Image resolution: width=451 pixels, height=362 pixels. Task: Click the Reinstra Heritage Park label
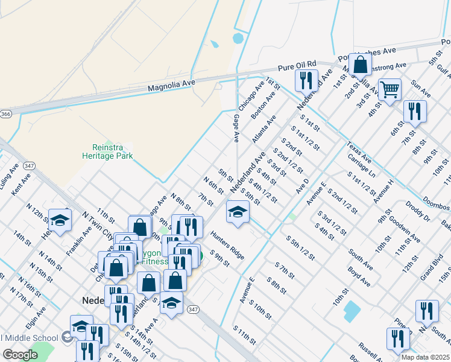[107, 151]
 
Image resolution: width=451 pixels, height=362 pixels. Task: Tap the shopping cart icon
[389, 91]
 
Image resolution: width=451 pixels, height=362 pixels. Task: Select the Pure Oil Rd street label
[297, 65]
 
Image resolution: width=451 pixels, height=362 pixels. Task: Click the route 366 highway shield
[5, 113]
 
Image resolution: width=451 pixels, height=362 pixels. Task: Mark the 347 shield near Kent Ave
[28, 165]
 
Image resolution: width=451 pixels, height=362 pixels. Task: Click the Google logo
[20, 355]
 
